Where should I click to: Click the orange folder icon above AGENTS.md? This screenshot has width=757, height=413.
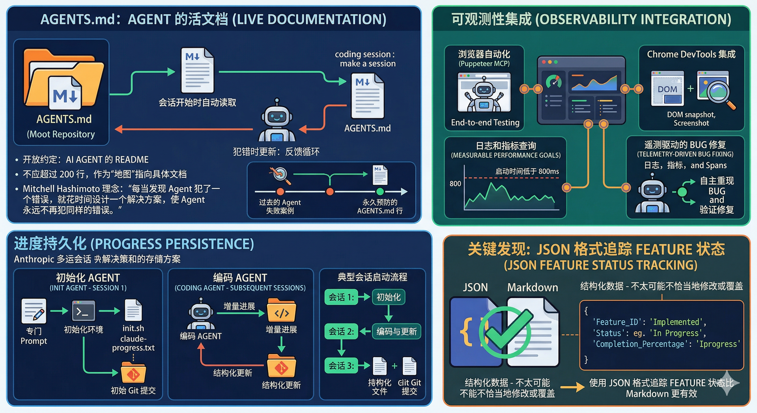63,79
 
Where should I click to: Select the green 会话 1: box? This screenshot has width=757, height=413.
341,297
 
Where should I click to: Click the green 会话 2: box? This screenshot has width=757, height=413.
341,332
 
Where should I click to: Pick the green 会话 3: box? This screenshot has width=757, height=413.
341,366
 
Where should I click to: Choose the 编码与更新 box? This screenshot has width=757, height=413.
397,332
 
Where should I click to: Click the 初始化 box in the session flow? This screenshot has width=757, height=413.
388,297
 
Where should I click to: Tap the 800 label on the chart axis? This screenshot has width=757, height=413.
455,184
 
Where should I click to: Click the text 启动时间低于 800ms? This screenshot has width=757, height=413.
527,171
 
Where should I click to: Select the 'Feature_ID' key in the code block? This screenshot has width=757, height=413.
615,322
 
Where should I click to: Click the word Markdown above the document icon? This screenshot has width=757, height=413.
533,287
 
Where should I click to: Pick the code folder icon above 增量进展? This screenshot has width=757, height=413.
281,311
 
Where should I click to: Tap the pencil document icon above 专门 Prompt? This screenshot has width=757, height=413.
34,311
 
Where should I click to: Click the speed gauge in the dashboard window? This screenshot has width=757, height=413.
554,82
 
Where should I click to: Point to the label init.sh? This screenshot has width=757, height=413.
133,328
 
